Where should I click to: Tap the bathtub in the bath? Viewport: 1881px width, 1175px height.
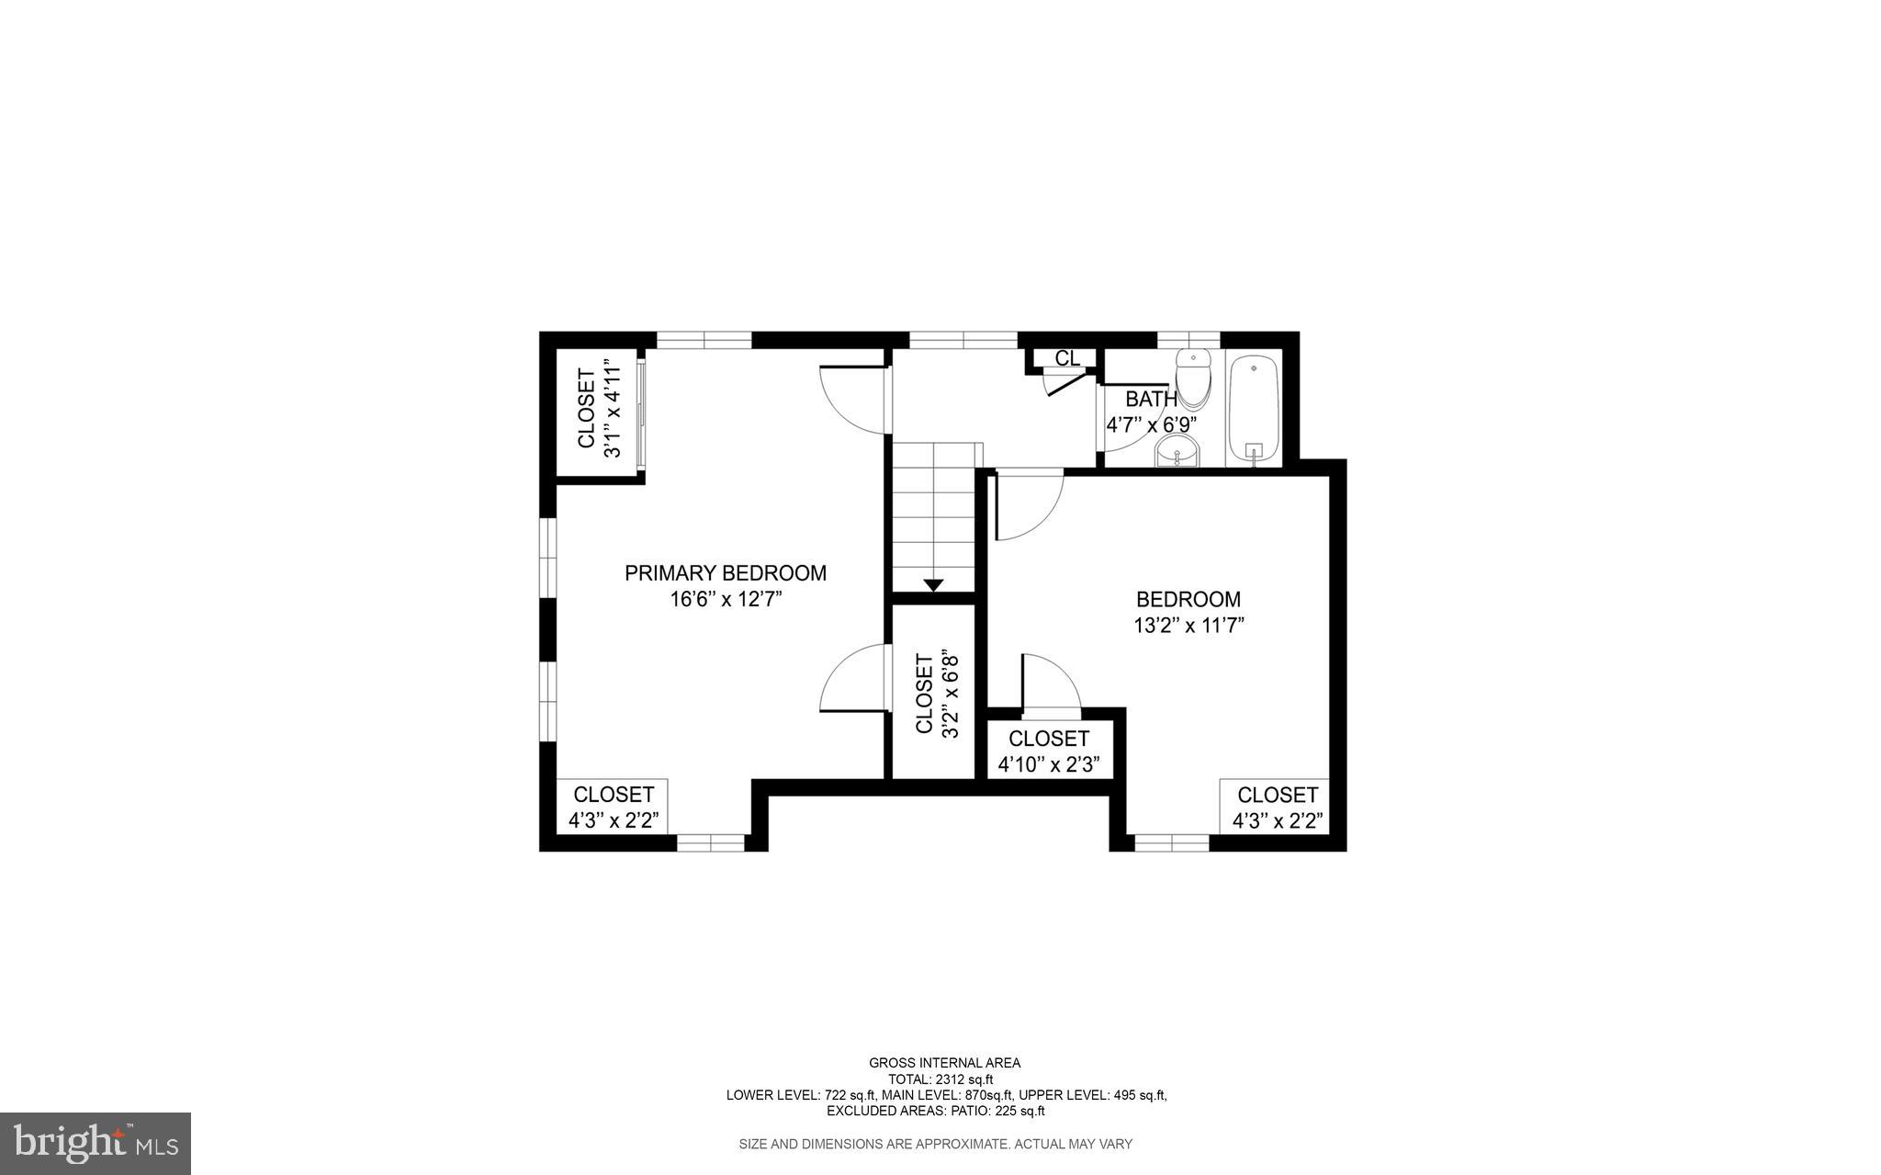(1254, 409)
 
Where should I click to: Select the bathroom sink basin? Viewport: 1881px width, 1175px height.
(1177, 451)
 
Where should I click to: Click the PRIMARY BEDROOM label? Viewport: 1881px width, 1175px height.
(726, 573)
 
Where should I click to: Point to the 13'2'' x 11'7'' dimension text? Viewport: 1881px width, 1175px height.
(1188, 626)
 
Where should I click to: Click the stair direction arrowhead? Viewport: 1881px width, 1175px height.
(934, 584)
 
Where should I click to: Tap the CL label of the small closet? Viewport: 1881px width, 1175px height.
(1067, 358)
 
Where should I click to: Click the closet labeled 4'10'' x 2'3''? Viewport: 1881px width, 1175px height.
(1049, 751)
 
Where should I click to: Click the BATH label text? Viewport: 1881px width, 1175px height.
(1151, 399)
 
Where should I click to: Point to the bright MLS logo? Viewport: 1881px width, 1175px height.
(96, 1143)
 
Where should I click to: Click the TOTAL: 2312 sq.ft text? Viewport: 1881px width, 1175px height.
(940, 1079)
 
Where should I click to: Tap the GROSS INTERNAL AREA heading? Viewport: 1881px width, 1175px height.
(944, 1063)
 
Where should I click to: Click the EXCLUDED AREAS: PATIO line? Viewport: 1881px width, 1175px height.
(935, 1111)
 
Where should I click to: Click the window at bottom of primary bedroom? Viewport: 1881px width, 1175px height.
(711, 842)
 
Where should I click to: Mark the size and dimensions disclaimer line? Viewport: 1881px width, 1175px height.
(935, 1144)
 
